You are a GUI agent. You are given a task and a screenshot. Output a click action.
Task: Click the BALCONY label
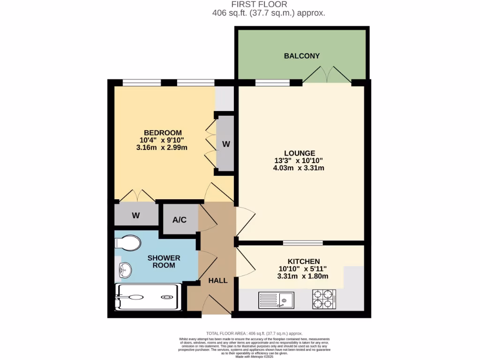click(x=302, y=56)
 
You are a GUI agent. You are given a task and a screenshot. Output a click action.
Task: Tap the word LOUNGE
click(x=300, y=153)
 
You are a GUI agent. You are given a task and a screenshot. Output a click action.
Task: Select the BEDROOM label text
click(x=163, y=133)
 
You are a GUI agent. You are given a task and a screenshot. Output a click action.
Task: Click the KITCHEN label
click(x=304, y=261)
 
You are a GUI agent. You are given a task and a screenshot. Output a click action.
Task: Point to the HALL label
click(x=218, y=280)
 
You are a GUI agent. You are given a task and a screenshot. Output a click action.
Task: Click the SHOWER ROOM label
click(x=164, y=261)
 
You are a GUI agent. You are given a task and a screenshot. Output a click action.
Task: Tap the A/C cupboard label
click(x=180, y=219)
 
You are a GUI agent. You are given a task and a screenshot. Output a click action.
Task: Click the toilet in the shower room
click(x=128, y=243)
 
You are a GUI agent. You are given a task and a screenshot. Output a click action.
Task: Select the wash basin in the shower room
click(x=125, y=270)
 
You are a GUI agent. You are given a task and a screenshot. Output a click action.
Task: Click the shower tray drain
click(x=167, y=297)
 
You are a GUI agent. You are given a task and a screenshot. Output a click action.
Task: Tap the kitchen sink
click(x=276, y=300)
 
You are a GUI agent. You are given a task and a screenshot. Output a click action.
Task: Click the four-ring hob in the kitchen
click(x=324, y=299)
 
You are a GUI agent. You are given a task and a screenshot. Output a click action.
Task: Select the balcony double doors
click(x=327, y=75)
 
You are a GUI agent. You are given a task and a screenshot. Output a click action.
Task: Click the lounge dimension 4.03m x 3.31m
click(x=299, y=168)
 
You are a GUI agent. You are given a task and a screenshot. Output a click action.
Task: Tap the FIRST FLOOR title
click(x=269, y=5)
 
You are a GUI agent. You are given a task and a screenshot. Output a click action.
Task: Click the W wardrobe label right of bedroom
click(x=226, y=144)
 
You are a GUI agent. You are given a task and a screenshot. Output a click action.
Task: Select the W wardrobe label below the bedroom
click(x=135, y=216)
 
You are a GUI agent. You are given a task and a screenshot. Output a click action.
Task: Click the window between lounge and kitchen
click(x=303, y=243)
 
